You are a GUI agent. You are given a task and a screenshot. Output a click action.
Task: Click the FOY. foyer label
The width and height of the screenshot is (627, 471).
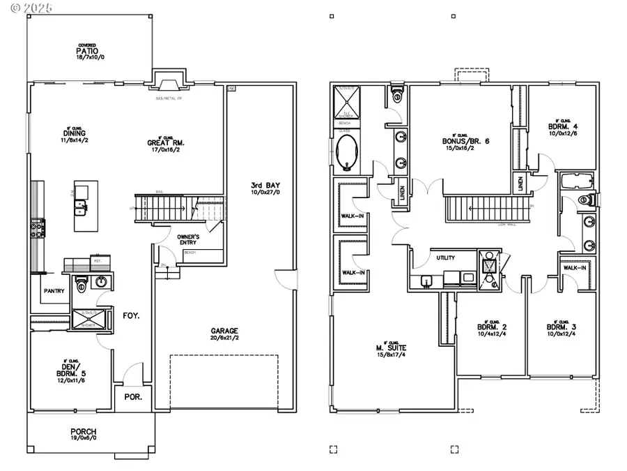coord(131,315)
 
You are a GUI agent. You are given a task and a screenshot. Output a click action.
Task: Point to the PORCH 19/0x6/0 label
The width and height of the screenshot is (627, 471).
coord(83,434)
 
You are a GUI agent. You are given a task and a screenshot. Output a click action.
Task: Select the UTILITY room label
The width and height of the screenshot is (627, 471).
coord(446,257)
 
